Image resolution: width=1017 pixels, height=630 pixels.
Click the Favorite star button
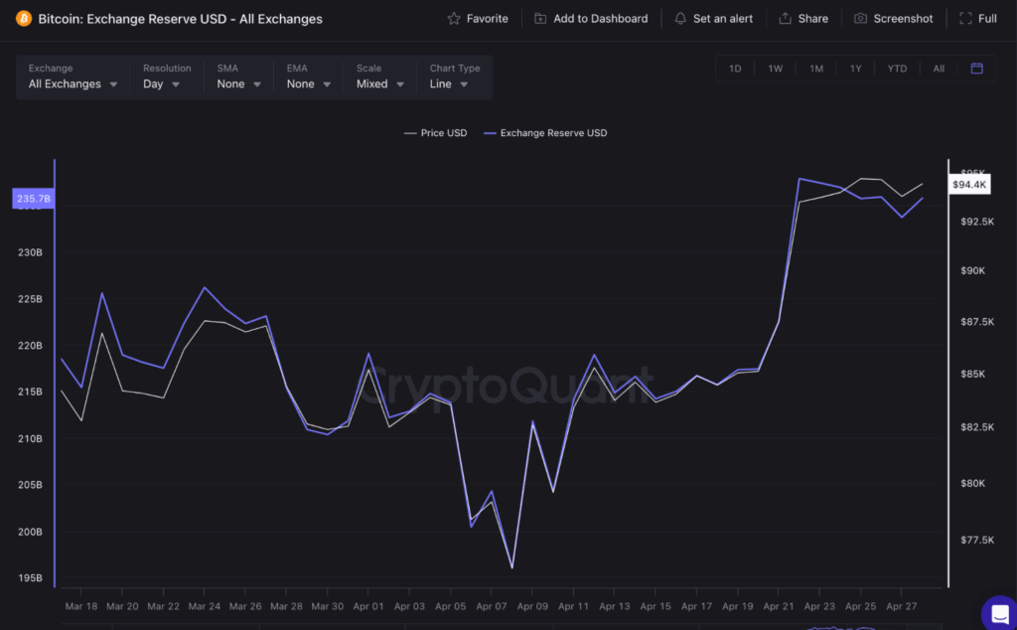coord(478,19)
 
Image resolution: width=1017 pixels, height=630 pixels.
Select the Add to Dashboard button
coord(591,19)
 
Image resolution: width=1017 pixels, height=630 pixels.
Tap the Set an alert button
coord(713,19)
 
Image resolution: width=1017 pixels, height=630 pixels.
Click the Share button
coord(803,19)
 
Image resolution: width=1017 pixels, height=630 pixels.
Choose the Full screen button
coord(977,19)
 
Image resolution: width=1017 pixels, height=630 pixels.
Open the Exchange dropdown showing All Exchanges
coord(73,84)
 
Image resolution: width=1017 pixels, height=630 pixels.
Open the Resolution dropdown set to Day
coord(162,84)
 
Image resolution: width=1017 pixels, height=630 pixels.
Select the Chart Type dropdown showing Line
coord(449,84)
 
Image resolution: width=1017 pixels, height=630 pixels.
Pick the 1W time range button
coord(776,69)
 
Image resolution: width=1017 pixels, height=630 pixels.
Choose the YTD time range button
coord(897,69)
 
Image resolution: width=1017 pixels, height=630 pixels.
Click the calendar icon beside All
coord(976,69)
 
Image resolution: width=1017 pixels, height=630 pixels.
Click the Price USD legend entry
coord(436,133)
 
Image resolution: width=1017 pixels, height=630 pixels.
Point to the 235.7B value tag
coord(34,200)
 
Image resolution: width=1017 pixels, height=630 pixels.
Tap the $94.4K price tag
coord(969,185)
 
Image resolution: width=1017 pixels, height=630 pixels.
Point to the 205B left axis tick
coord(30,485)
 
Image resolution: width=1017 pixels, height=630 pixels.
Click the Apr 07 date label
coord(492,606)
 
